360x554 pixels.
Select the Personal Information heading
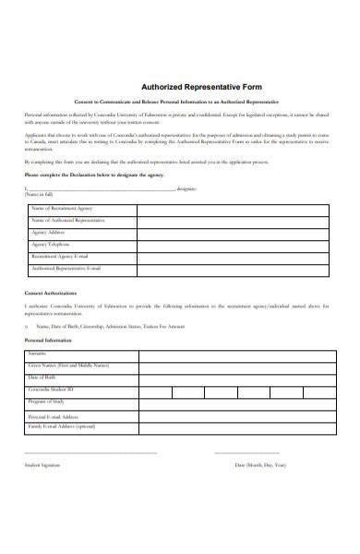coord(51,340)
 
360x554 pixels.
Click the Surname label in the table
coord(39,354)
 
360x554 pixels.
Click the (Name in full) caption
coord(41,195)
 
